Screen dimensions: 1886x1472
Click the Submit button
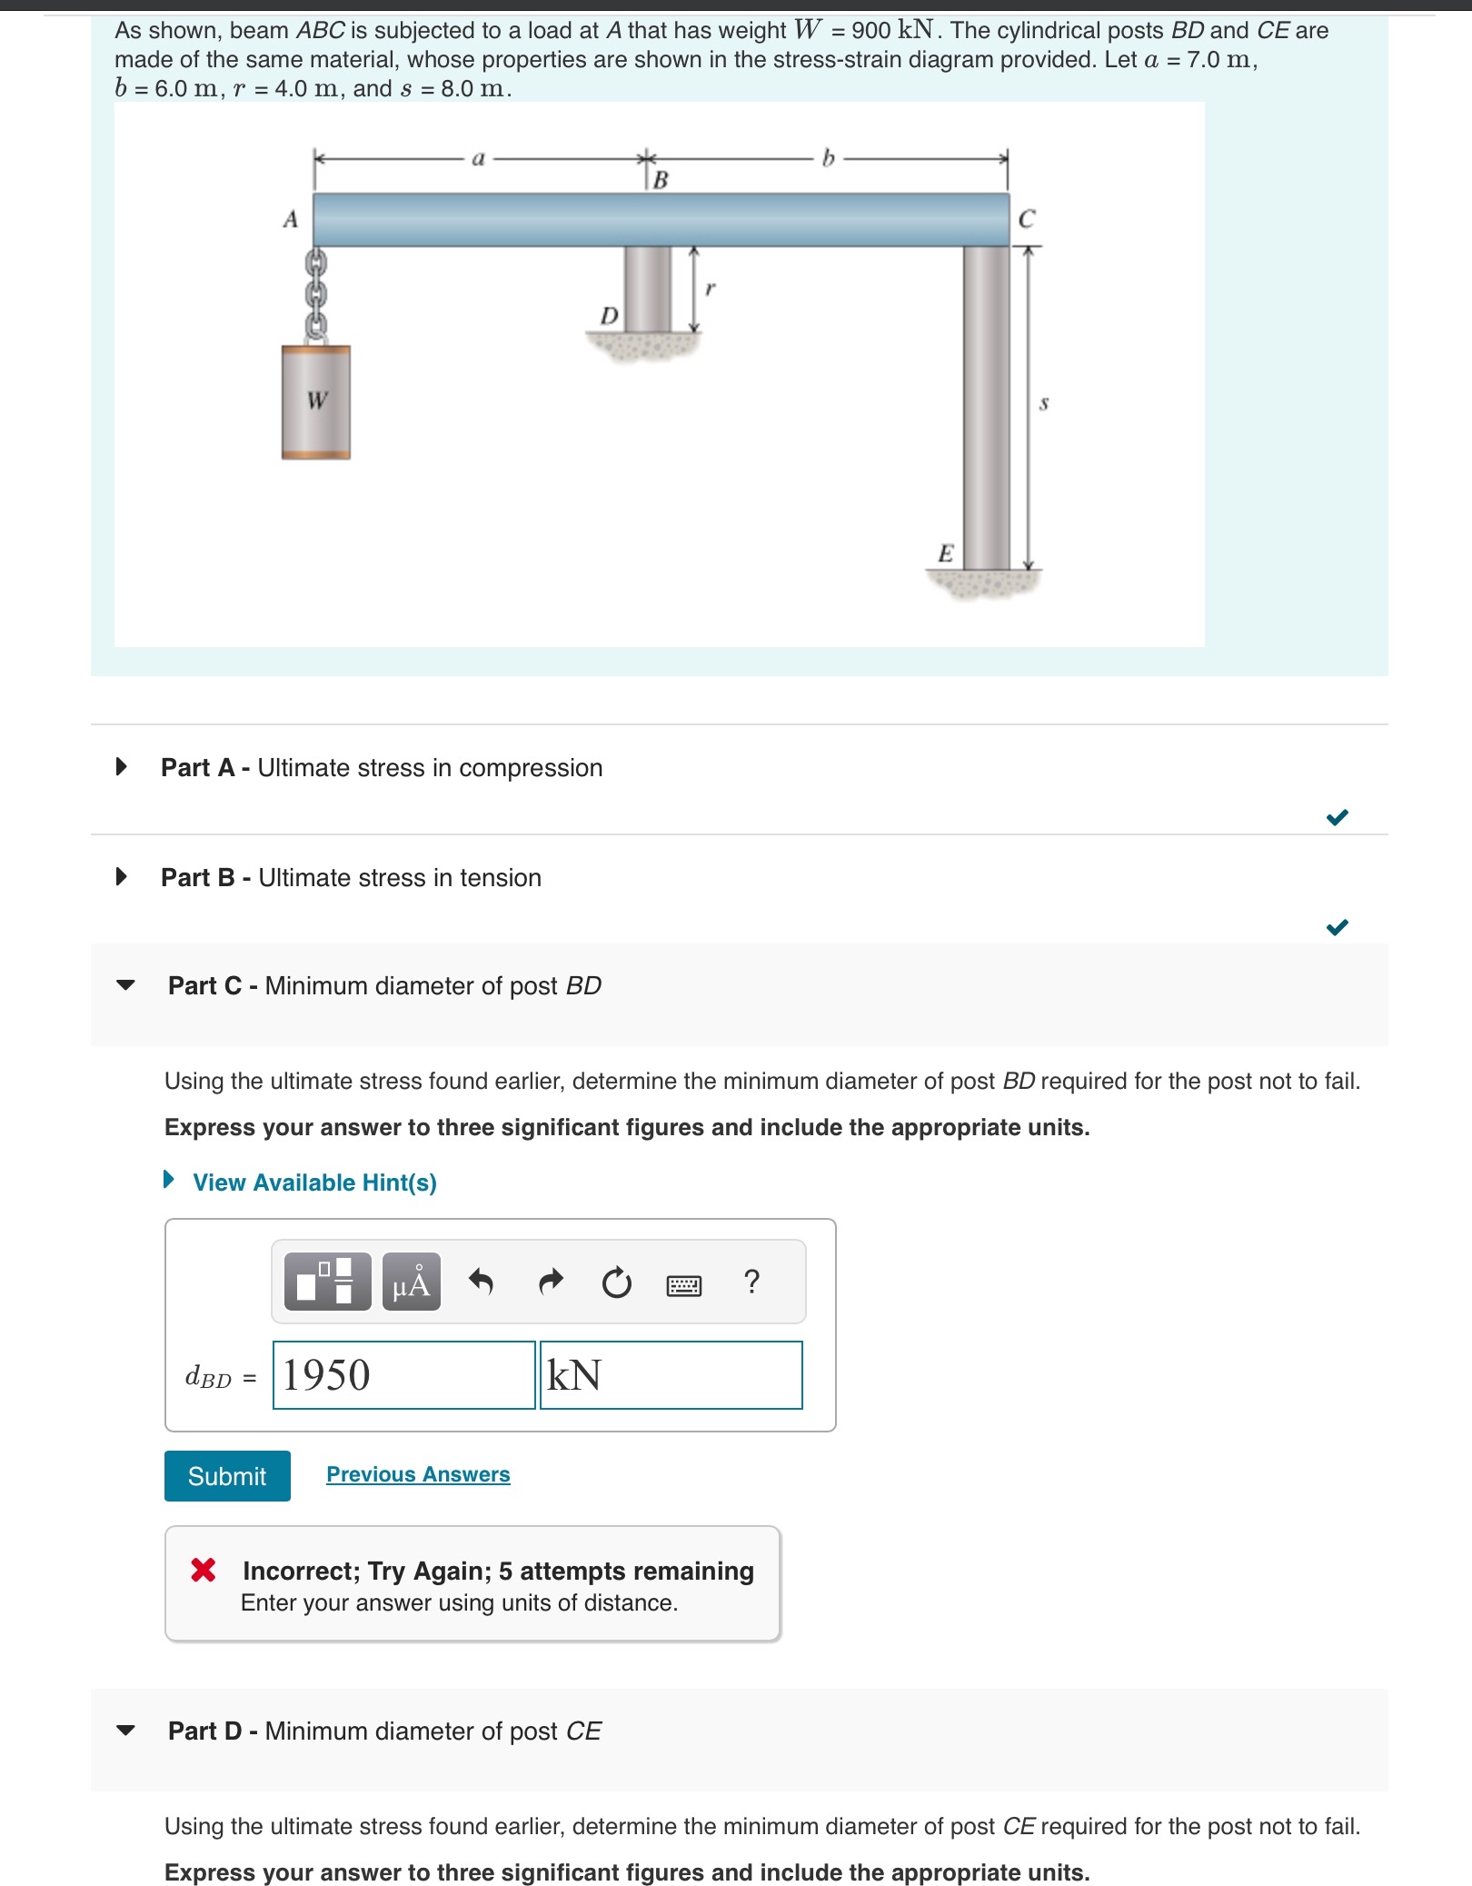tap(227, 1475)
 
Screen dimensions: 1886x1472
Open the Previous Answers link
tap(418, 1474)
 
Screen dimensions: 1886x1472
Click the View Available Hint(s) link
tap(313, 1182)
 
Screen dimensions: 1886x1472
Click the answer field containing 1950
tap(403, 1375)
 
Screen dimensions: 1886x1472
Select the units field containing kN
tap(671, 1375)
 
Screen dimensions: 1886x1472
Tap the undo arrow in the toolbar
tap(481, 1282)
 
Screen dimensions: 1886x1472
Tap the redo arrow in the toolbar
tap(551, 1282)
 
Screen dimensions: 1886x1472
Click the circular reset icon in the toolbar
tap(617, 1282)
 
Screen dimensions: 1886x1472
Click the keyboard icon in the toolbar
tap(684, 1285)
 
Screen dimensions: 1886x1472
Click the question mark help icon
tap(751, 1282)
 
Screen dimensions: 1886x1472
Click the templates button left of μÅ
tap(327, 1282)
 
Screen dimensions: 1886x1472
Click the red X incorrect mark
tap(204, 1570)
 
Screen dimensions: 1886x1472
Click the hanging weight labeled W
tap(315, 402)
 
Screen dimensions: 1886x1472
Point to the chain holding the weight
tap(315, 293)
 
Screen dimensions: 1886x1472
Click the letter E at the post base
tap(946, 554)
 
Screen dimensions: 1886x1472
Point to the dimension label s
tap(1044, 403)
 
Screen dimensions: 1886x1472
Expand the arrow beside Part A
tap(122, 767)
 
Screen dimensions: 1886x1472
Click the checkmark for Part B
tap(1337, 927)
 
